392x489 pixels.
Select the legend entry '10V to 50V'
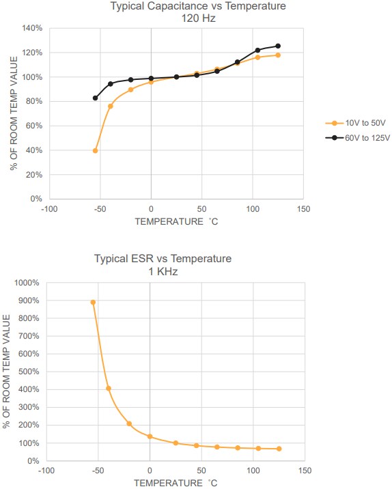click(x=365, y=124)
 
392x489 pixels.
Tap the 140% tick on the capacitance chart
click(x=32, y=29)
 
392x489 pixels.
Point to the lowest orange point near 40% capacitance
click(x=95, y=150)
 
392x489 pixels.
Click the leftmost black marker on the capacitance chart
click(x=95, y=98)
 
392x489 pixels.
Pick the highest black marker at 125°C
click(x=278, y=46)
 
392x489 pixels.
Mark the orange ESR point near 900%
click(x=93, y=302)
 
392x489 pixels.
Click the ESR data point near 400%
click(x=108, y=389)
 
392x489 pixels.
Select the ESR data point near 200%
click(x=129, y=423)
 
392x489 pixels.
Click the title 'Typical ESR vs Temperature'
click(x=163, y=259)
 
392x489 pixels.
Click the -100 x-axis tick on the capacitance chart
click(x=48, y=209)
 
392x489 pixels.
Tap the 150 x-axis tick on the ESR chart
click(x=305, y=471)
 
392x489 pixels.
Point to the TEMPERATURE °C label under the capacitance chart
click(x=176, y=221)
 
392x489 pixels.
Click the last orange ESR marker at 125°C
click(x=279, y=449)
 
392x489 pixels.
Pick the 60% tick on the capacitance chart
click(x=34, y=126)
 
